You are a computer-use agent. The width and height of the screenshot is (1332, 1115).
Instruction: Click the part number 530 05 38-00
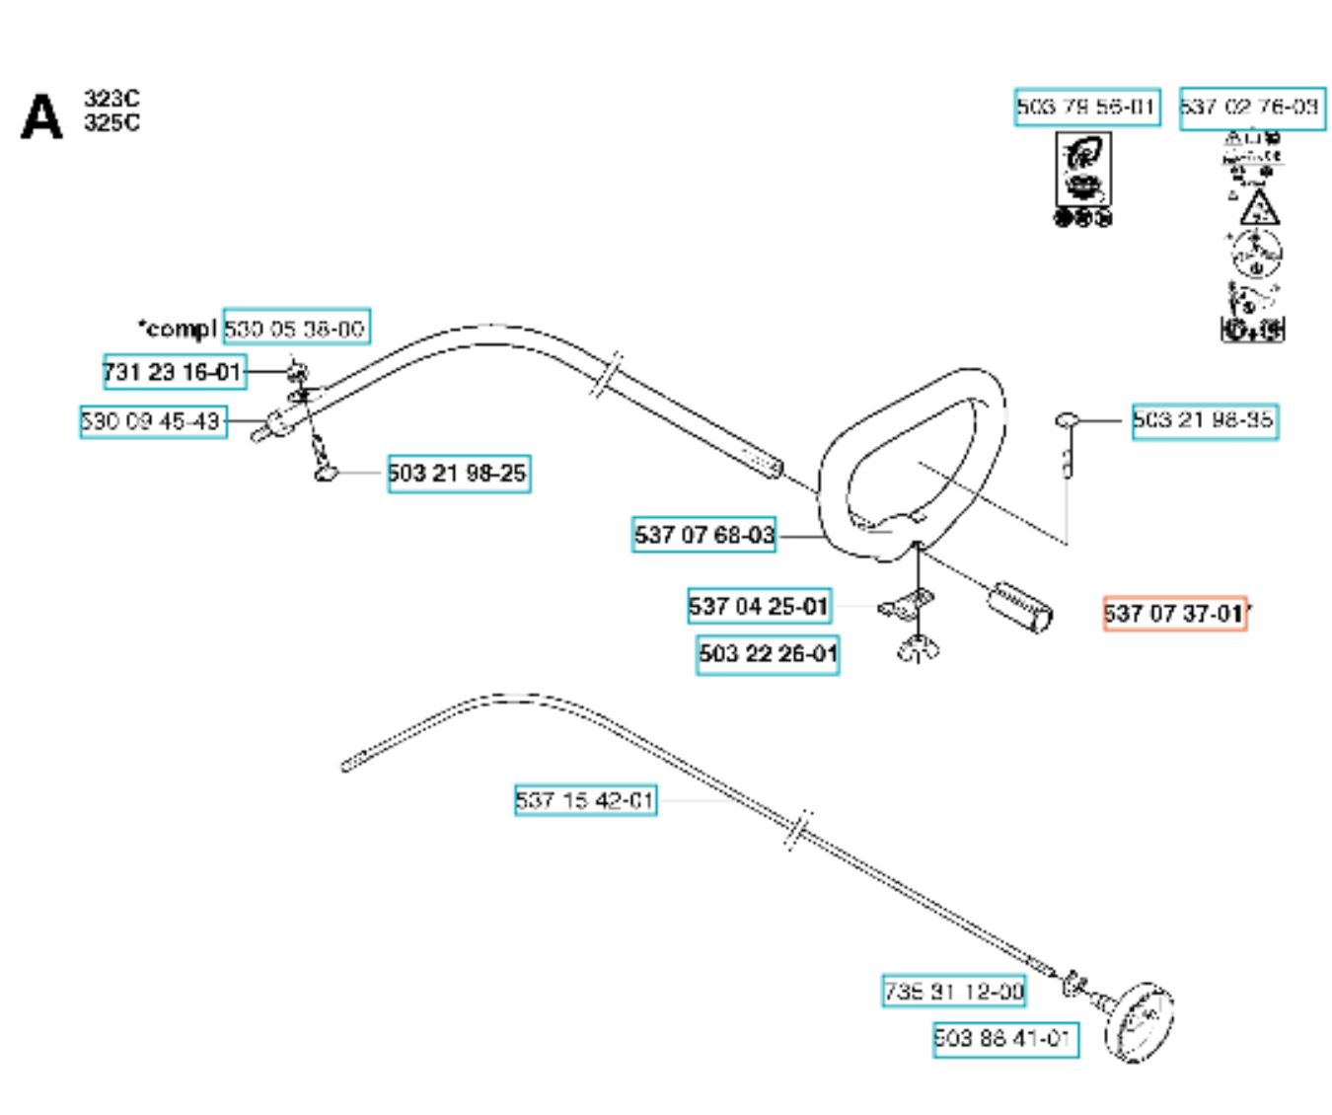296,327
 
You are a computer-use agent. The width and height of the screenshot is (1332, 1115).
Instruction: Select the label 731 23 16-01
174,372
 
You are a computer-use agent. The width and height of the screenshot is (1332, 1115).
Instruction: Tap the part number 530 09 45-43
153,421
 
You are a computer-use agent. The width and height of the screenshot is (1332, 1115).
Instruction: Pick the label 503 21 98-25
459,474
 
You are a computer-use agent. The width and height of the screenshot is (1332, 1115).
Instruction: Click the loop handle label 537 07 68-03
703,535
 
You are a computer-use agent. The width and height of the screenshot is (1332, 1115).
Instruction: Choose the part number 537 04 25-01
759,606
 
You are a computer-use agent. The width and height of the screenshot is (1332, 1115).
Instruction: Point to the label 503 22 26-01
768,653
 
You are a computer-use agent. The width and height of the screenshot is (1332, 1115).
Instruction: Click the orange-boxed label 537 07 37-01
1174,613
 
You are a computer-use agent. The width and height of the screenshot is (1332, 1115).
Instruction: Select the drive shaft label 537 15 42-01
586,799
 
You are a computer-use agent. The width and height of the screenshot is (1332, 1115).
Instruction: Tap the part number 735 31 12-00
954,991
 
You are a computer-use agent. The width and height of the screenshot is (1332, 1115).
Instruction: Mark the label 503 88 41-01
1004,1039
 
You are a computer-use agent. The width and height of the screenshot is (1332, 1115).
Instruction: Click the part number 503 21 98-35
1204,421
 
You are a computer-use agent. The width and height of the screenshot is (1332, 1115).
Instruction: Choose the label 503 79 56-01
1086,107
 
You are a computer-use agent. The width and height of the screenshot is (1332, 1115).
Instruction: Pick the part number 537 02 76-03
1251,107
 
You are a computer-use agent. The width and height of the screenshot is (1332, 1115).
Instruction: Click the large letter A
41,117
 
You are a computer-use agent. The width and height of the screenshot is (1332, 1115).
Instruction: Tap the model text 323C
111,99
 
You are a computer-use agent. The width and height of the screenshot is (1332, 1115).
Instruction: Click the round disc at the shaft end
1142,1021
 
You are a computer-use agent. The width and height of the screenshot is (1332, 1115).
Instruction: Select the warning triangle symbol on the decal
1259,209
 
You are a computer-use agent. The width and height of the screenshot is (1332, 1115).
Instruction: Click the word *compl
178,328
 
